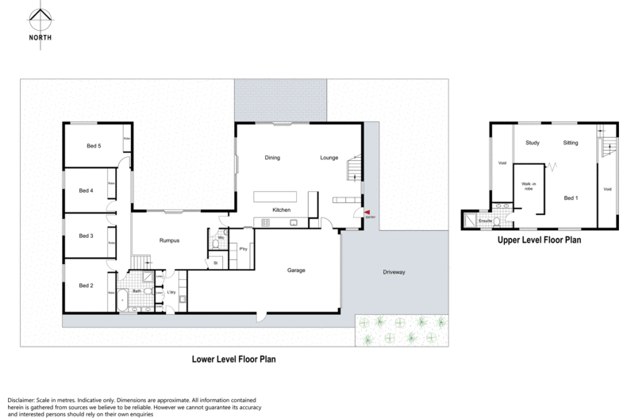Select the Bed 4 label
(x=87, y=190)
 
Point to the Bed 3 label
(x=87, y=236)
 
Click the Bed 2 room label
(x=87, y=286)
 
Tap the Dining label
(x=274, y=157)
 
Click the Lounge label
(x=329, y=157)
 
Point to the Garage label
(x=297, y=270)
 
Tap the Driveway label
(x=394, y=272)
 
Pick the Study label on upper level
(x=533, y=143)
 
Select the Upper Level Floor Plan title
(x=540, y=238)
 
